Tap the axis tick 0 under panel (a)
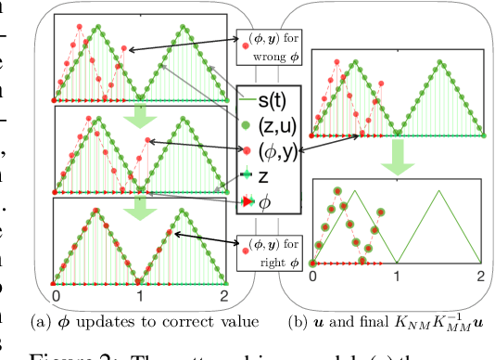(56, 296)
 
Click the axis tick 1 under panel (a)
(139, 296)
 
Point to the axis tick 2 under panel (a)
(223, 296)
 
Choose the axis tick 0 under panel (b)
(313, 276)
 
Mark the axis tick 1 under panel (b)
(397, 276)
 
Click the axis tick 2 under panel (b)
(480, 276)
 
